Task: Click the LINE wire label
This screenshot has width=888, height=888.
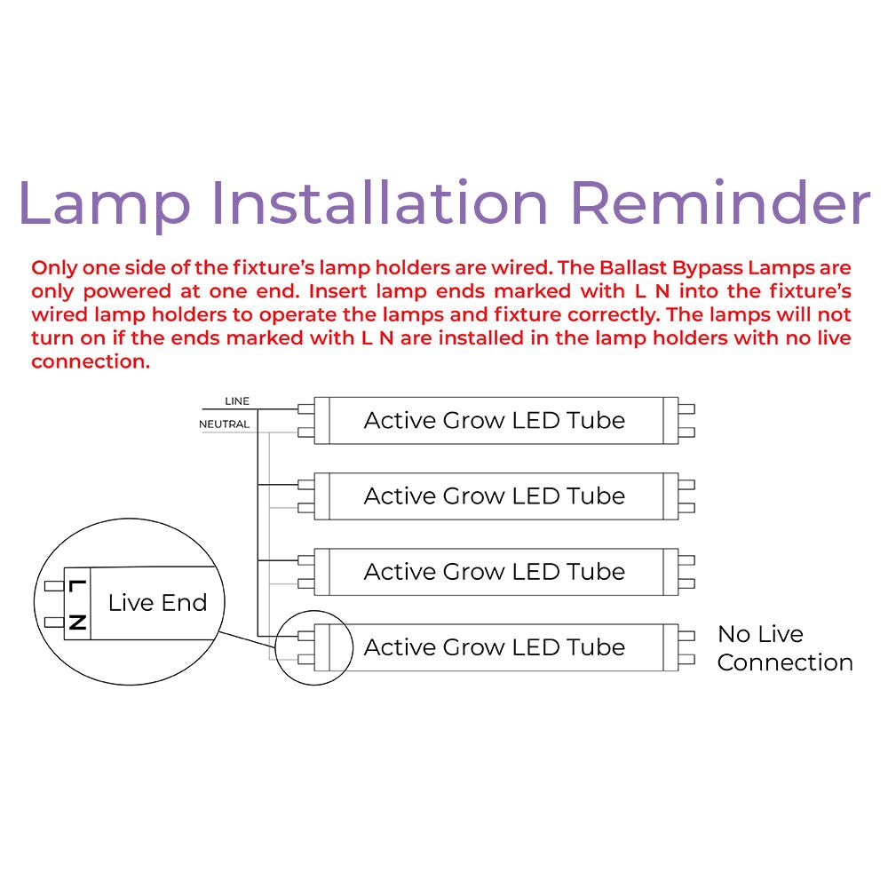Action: pyautogui.click(x=237, y=401)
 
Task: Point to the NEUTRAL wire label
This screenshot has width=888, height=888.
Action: pyautogui.click(x=224, y=424)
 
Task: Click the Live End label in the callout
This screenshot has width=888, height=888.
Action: pyautogui.click(x=157, y=603)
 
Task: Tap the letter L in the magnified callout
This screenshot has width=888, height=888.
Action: pyautogui.click(x=77, y=587)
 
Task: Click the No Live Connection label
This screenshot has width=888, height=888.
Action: pyautogui.click(x=784, y=648)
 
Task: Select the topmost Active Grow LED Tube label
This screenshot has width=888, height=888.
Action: pyautogui.click(x=494, y=420)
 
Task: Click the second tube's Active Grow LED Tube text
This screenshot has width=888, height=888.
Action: pyautogui.click(x=494, y=496)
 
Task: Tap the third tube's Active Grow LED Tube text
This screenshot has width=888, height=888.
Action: pyautogui.click(x=494, y=572)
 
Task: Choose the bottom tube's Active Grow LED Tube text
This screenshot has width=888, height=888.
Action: pyautogui.click(x=494, y=647)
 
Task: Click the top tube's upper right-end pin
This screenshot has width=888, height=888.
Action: pyautogui.click(x=686, y=409)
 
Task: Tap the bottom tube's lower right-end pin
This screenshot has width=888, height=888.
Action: pyautogui.click(x=686, y=660)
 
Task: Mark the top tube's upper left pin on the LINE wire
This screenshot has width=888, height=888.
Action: pyautogui.click(x=306, y=409)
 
